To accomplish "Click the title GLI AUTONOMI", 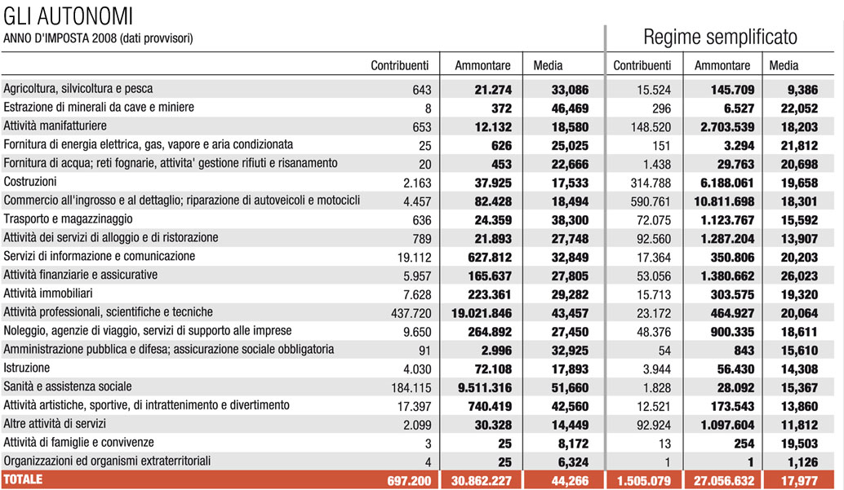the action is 68,16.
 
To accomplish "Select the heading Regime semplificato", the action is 720,38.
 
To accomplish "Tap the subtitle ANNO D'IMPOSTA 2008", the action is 60,38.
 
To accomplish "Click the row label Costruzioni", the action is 30,182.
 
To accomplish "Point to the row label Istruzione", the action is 26,368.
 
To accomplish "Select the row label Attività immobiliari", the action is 48,294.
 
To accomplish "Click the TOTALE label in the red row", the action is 23,479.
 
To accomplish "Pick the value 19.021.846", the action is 482,313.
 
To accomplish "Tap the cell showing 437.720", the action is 411,314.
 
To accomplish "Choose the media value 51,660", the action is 570,388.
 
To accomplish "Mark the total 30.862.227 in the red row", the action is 482,481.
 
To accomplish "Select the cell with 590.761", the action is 651,201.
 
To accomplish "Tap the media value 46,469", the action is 570,108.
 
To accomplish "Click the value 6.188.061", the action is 727,183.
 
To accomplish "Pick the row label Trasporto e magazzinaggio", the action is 68,219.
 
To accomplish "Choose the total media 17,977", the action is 799,481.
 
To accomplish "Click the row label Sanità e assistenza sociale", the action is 67,386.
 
